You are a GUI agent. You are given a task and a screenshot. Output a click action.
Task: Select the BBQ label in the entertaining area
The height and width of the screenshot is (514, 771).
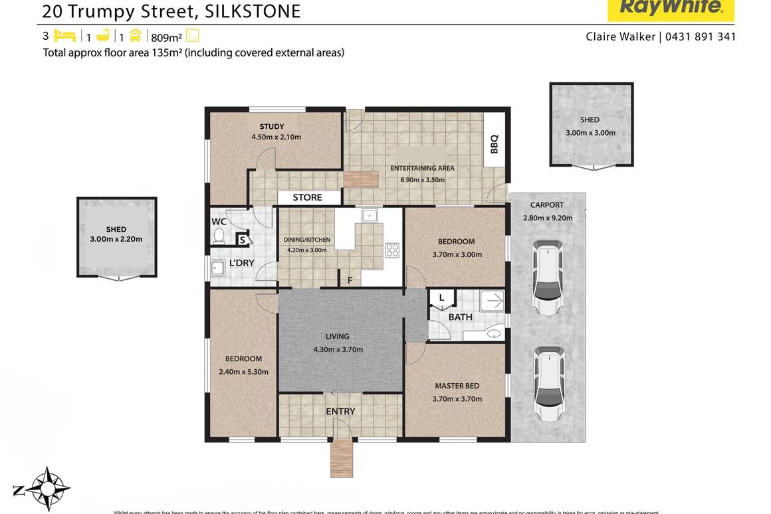coord(494,143)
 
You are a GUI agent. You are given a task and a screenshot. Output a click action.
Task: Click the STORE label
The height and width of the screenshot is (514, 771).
coord(307,197)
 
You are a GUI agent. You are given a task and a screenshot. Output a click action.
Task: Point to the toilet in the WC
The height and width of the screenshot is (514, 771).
coord(219,236)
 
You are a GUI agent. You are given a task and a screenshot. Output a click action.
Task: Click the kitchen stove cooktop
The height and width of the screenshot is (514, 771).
coord(392,250)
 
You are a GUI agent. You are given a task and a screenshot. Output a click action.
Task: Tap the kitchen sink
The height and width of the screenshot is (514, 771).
coord(370,215)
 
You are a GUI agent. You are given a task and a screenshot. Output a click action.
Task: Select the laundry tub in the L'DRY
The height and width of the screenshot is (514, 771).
coord(217,268)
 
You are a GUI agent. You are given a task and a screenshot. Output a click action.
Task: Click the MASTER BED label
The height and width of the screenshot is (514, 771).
coord(457,386)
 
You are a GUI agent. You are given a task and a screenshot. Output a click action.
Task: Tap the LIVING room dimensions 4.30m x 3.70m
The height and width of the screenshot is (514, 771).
coord(338,349)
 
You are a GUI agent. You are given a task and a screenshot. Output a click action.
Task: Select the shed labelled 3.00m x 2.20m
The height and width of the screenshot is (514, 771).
coord(116,237)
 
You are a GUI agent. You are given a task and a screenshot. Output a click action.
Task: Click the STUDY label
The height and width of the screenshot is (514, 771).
coord(272,126)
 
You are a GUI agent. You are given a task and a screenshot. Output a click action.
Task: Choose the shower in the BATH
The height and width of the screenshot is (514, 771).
coord(492,301)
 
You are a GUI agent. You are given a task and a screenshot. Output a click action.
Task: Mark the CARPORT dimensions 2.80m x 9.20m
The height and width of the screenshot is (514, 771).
coord(547,217)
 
